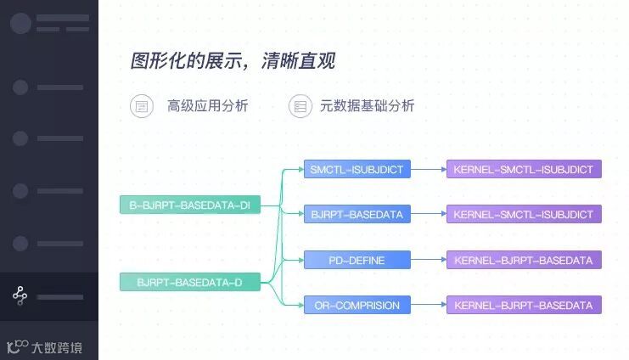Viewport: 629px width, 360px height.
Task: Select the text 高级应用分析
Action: pos(207,106)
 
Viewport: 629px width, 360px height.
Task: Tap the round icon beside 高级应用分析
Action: pos(140,106)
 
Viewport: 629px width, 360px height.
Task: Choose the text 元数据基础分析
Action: pos(367,106)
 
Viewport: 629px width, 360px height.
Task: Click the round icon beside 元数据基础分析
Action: pos(299,106)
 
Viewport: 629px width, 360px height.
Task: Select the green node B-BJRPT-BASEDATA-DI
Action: pos(189,205)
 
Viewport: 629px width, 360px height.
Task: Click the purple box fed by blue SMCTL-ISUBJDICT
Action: pos(524,169)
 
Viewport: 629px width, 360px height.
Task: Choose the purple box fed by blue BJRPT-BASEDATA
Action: pos(524,214)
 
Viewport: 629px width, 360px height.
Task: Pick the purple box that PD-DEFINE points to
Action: pos(524,260)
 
